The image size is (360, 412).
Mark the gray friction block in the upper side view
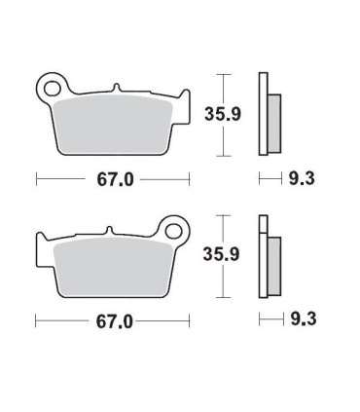[x=273, y=124]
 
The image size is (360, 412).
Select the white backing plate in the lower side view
[x=262, y=258]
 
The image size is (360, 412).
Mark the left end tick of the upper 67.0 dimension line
[x=36, y=178]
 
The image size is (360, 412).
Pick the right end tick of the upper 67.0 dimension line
[x=188, y=178]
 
